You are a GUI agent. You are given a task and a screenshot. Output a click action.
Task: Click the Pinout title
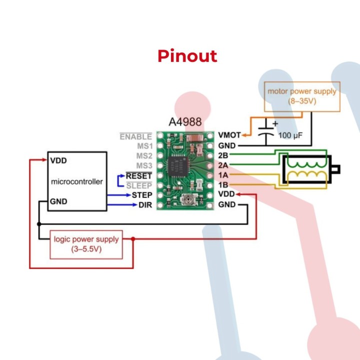click(187, 56)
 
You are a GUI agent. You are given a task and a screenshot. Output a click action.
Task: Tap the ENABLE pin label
click(135, 136)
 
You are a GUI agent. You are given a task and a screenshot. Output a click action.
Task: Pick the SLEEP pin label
click(139, 185)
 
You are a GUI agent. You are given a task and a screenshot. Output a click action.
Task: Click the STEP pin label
click(142, 194)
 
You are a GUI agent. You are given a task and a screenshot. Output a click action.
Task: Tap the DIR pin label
click(145, 204)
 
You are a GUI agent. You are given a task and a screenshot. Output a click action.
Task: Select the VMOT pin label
click(229, 135)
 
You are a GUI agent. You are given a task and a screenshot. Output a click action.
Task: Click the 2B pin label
click(223, 155)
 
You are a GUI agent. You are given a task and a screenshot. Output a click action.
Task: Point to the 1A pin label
click(223, 175)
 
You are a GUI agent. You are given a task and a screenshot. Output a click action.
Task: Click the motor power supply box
click(302, 96)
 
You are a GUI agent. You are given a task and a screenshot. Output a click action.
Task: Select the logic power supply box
click(86, 244)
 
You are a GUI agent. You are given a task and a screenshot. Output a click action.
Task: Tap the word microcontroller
click(77, 181)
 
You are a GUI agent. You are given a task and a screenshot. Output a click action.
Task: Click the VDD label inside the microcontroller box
click(58, 161)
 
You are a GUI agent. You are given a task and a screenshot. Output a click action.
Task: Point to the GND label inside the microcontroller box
click(58, 201)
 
